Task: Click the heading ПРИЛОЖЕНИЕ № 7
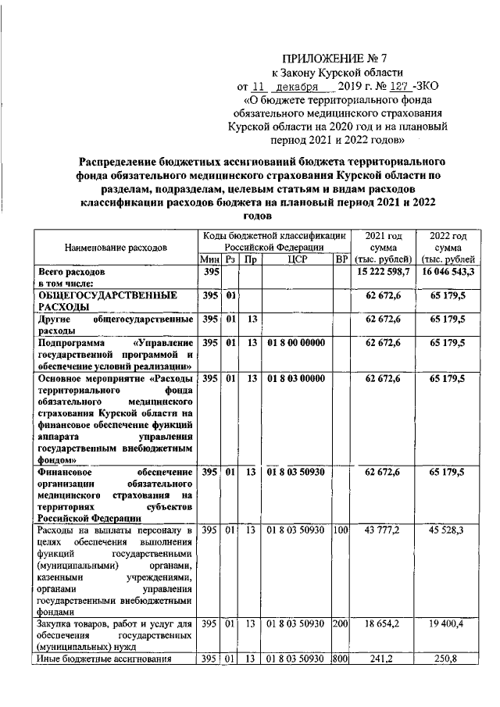324,57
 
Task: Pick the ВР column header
340,260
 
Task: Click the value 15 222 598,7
383,272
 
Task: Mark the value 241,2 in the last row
383,661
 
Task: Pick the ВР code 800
340,661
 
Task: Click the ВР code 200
340,624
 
